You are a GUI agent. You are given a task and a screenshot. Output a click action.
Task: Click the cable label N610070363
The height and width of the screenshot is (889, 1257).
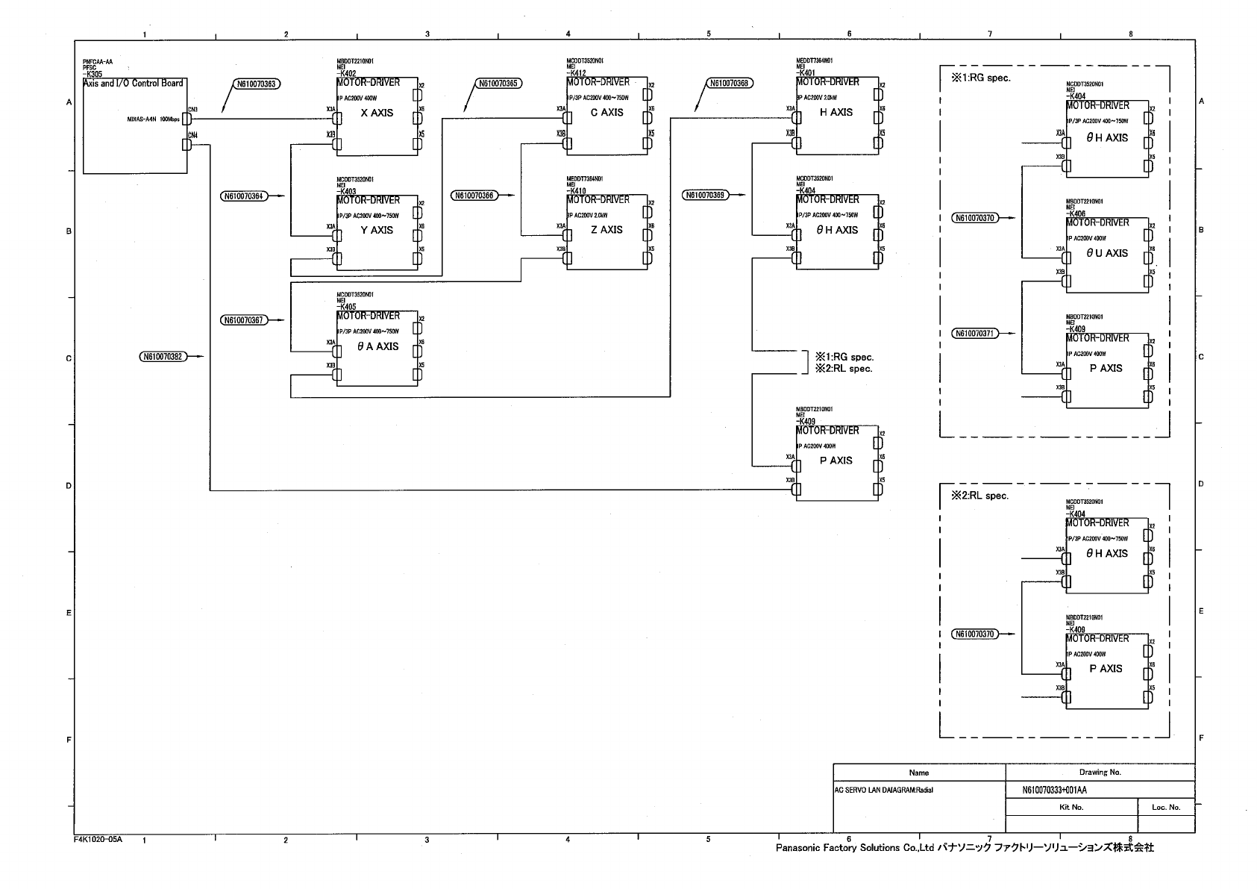257,84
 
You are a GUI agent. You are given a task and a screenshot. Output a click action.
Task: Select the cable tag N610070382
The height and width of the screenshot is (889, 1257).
161,357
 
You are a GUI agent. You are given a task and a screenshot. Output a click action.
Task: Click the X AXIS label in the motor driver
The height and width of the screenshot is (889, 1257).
377,113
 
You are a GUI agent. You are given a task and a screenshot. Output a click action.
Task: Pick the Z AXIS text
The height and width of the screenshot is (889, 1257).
606,230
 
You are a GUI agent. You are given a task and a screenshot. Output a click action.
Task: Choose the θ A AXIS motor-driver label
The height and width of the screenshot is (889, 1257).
377,346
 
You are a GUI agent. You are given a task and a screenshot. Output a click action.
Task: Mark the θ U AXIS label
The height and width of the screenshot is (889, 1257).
1107,253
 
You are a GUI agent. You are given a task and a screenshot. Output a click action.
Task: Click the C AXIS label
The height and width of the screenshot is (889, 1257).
606,113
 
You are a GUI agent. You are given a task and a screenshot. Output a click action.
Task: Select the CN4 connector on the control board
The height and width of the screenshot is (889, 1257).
187,145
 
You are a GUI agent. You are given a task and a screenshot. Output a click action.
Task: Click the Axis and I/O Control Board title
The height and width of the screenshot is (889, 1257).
133,83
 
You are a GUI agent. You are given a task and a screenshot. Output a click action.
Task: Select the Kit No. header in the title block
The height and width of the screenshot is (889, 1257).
1071,807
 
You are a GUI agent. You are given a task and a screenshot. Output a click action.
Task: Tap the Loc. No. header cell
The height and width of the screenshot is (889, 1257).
1166,807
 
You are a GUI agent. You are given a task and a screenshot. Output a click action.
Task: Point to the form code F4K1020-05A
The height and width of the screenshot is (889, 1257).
98,840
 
